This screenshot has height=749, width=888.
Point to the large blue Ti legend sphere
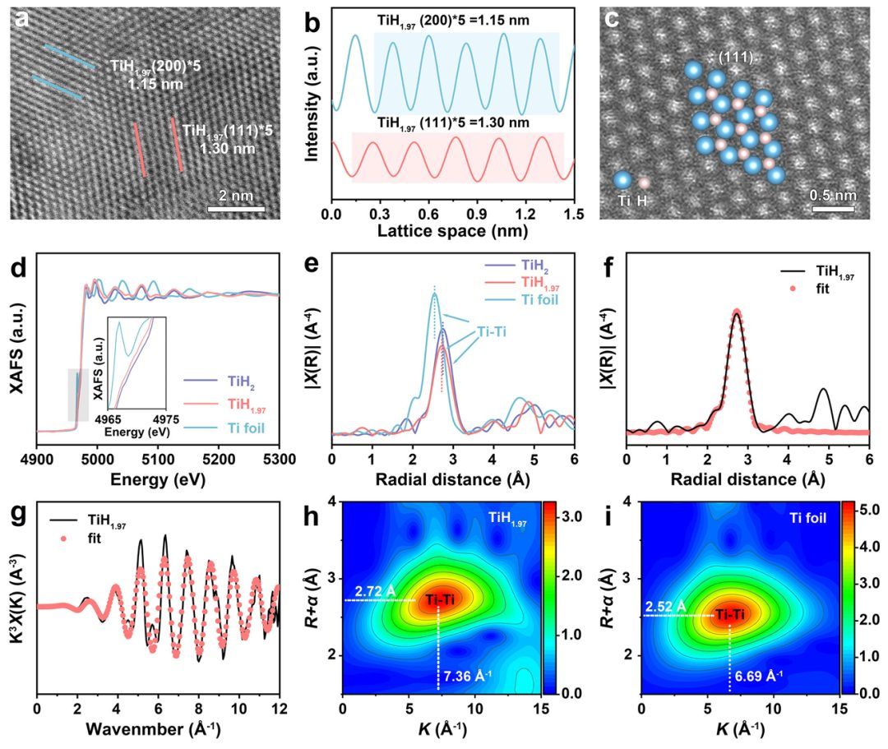pos(622,181)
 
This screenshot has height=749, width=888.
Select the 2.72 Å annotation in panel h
pos(372,591)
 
